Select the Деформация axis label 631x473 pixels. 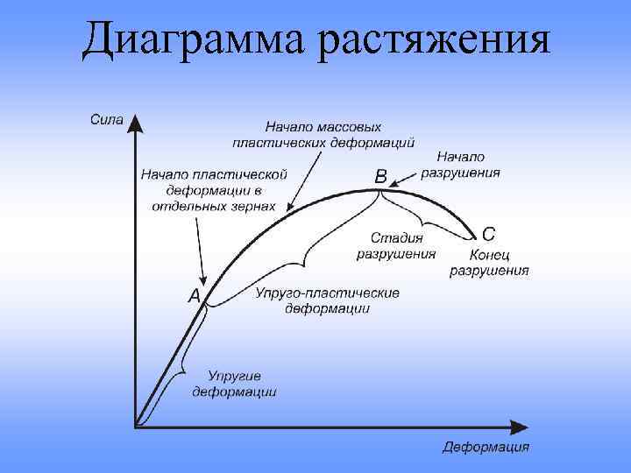tap(486, 448)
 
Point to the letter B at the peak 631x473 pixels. tap(380, 177)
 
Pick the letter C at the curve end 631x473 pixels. tap(488, 234)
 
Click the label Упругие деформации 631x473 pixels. tap(234, 384)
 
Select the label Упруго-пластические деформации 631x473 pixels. tap(327, 300)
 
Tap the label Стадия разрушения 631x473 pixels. tap(396, 245)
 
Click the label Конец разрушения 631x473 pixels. tap(489, 262)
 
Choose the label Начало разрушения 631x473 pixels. tap(460, 165)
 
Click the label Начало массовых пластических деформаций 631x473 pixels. tap(323, 134)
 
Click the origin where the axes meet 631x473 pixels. tap(135, 427)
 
